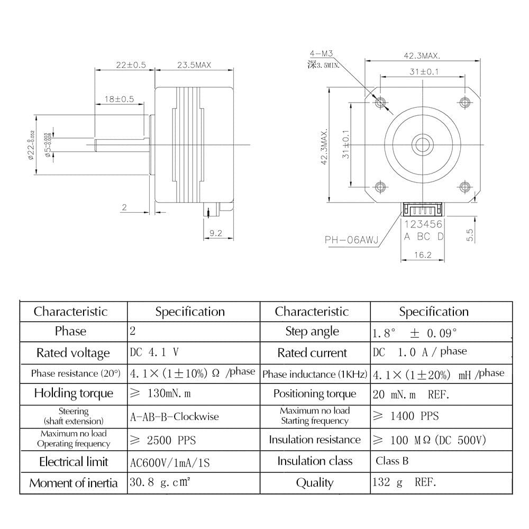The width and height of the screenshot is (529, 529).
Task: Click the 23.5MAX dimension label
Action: (194, 65)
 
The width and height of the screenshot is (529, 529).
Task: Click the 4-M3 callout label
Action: (321, 53)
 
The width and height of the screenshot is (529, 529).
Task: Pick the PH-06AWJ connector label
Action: (351, 240)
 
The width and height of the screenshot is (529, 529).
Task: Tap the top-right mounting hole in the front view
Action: (465, 102)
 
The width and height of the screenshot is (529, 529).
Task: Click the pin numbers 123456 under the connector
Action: (423, 224)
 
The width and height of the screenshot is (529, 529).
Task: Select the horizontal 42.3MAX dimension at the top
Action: (422, 56)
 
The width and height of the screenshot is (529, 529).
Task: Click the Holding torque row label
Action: (74, 393)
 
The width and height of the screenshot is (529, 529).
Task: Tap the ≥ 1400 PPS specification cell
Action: (406, 416)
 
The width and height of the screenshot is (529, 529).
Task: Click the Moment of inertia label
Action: (74, 483)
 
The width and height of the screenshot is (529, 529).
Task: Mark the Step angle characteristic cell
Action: (312, 332)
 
